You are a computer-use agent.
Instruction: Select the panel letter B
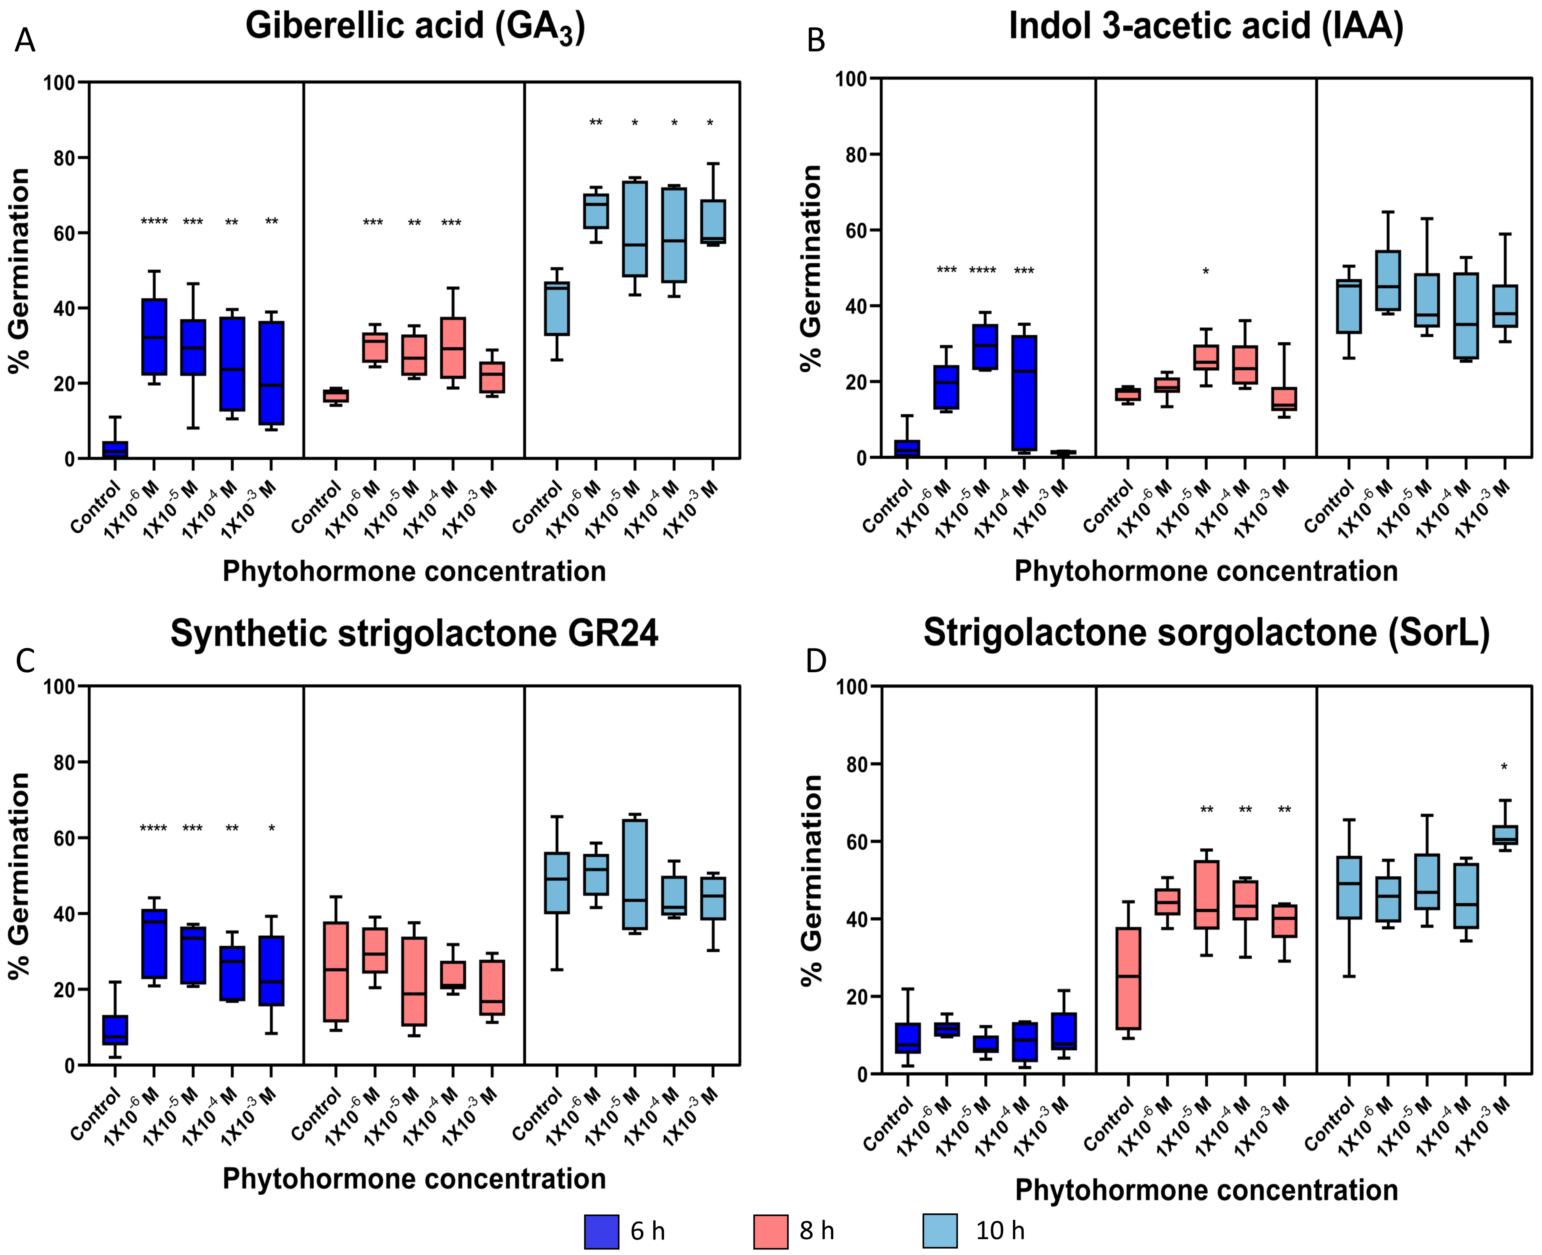click(815, 40)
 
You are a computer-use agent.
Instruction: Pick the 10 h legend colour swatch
click(940, 1231)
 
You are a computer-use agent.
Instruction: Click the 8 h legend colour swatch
click(771, 1231)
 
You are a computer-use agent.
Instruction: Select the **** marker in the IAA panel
click(982, 271)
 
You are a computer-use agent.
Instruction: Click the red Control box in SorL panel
click(1128, 978)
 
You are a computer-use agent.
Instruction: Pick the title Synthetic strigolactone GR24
click(414, 633)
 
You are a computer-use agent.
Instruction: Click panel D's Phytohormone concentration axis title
click(1206, 1191)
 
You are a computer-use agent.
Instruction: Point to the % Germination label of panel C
click(20, 875)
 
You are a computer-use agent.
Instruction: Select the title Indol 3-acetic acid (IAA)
click(1206, 26)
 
